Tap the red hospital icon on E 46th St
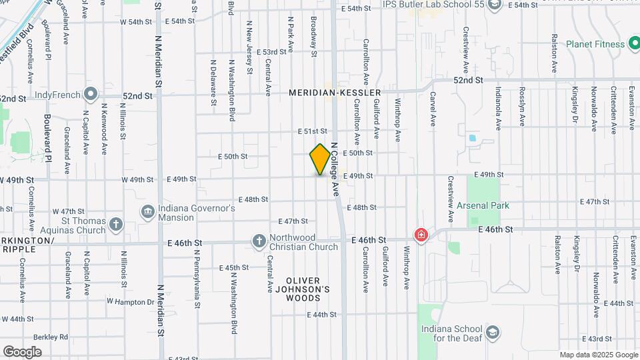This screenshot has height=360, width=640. (421, 235)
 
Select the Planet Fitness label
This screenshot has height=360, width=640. (595, 45)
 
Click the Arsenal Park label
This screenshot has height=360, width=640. (483, 205)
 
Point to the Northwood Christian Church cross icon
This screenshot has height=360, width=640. (259, 240)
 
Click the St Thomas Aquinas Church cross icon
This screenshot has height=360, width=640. (116, 223)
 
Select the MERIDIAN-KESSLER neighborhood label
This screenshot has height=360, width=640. (335, 93)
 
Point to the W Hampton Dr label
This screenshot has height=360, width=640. (131, 302)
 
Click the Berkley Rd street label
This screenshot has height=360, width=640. (53, 337)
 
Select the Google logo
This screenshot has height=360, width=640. (23, 351)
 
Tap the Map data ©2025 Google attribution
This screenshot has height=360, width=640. (599, 355)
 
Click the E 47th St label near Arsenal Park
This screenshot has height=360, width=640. (595, 201)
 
